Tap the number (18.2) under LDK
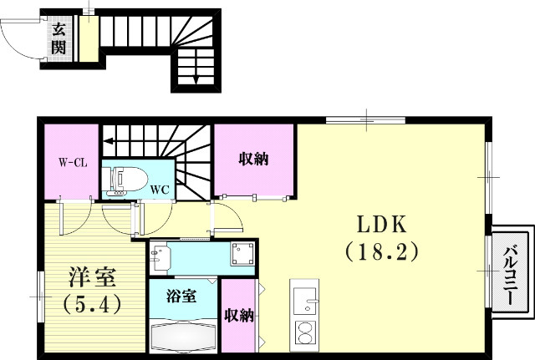381,250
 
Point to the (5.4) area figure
92,302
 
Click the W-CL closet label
73,163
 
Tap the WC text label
160,189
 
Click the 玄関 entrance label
59,38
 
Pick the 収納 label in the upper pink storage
254,160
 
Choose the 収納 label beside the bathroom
239,315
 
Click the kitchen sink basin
304,298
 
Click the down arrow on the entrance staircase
195,78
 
